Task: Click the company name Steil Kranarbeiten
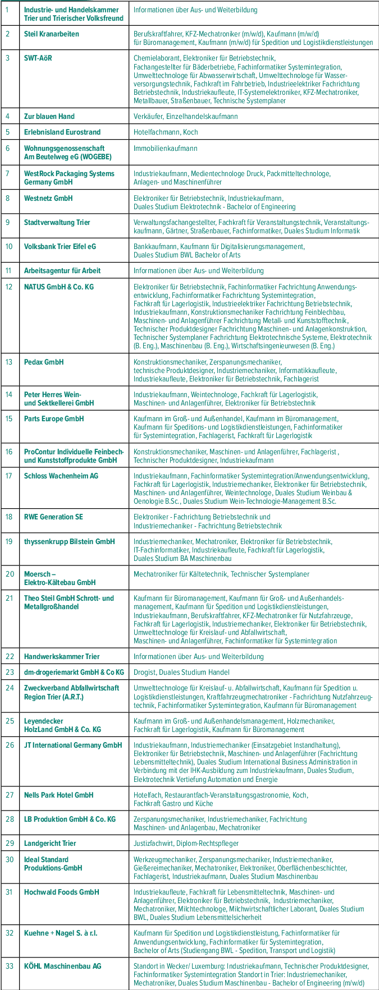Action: (51, 34)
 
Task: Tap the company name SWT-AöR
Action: (38, 58)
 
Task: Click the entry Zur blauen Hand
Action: (49, 116)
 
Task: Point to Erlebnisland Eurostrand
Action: (62, 132)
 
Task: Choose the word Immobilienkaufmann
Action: (165, 149)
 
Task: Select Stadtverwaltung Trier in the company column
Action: (57, 222)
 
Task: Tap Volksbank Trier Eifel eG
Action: (60, 246)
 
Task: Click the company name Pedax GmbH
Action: (44, 362)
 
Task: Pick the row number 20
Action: (10, 574)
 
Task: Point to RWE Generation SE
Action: (53, 517)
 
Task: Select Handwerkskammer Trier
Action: (62, 656)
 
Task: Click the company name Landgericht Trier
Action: (50, 843)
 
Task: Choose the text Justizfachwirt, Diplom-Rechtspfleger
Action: (186, 843)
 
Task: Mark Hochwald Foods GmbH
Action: (61, 892)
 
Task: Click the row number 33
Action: (10, 966)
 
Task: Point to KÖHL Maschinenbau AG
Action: (62, 966)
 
